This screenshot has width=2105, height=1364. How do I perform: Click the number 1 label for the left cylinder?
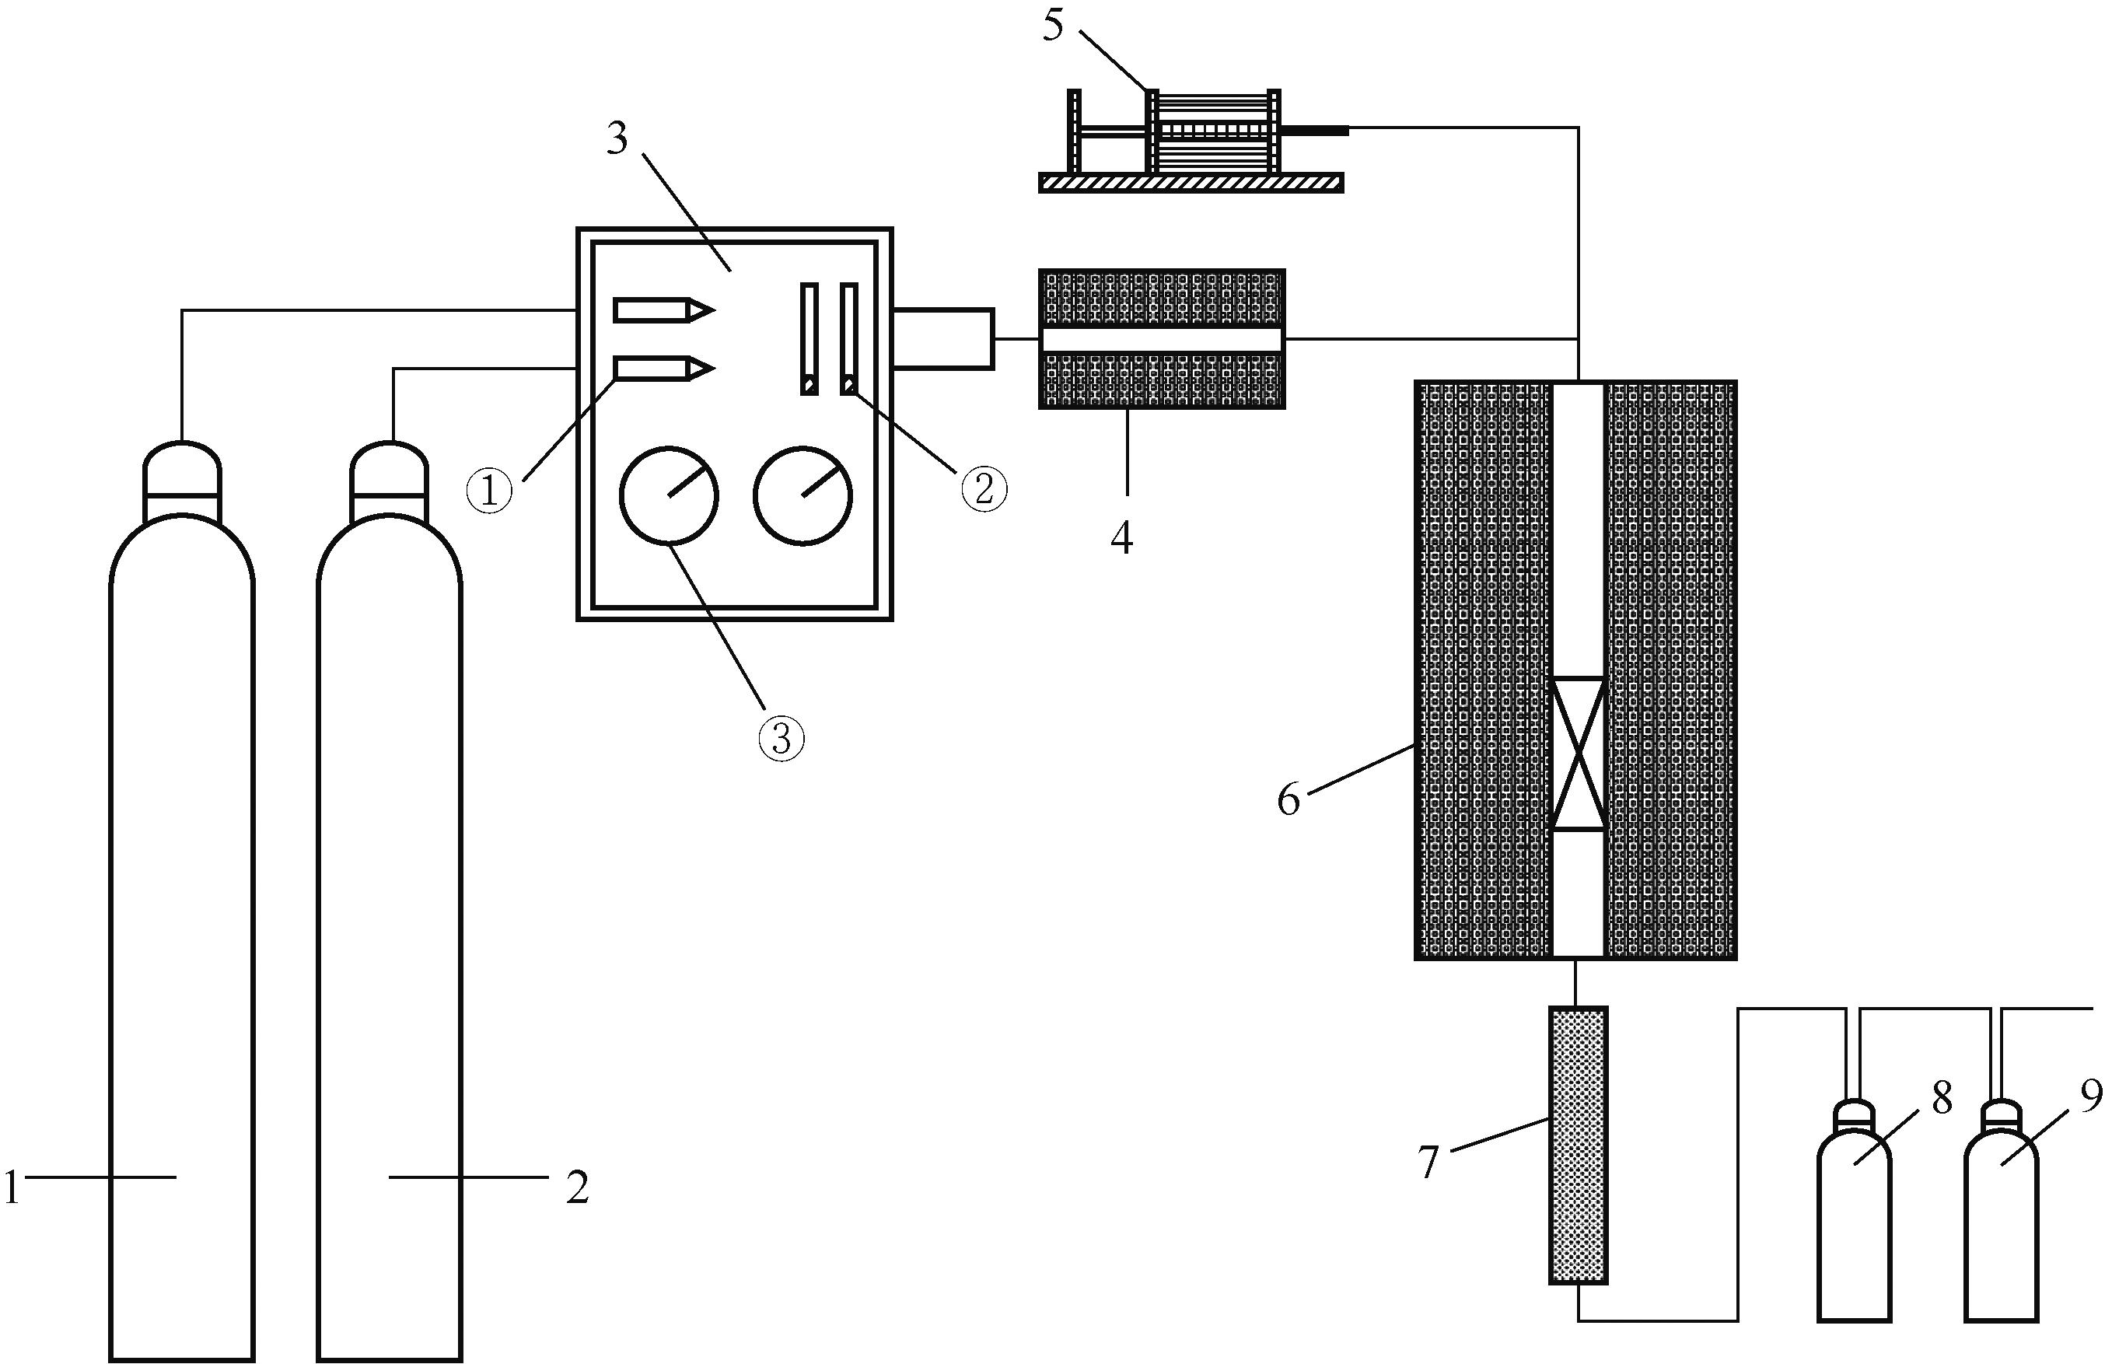tap(11, 1187)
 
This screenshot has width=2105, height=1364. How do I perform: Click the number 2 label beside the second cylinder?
tap(577, 1187)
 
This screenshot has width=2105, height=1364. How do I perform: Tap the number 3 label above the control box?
tap(617, 139)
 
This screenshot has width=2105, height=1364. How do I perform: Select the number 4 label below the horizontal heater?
tap(1121, 538)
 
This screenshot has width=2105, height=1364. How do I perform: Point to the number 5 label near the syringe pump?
tap(1053, 25)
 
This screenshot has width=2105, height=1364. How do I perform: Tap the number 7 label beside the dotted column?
tap(1429, 1163)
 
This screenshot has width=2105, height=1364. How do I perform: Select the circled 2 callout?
tap(984, 488)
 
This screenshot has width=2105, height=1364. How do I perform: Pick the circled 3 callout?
tap(782, 740)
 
